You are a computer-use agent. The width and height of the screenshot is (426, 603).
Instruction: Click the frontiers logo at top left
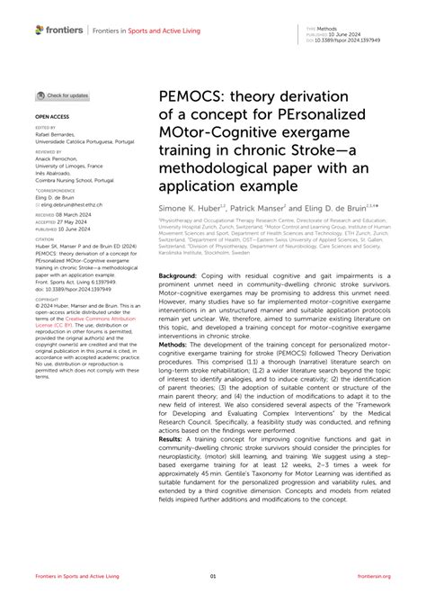60,30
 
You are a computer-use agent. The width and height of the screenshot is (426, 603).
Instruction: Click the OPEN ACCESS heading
54,117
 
